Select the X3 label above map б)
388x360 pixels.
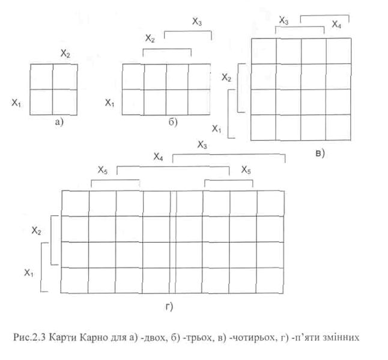(x=197, y=22)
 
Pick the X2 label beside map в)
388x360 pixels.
(x=226, y=77)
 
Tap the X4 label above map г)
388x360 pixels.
(x=159, y=157)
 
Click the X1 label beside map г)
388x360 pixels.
(x=29, y=273)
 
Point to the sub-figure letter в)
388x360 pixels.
(x=319, y=153)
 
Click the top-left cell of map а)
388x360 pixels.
(x=41, y=76)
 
